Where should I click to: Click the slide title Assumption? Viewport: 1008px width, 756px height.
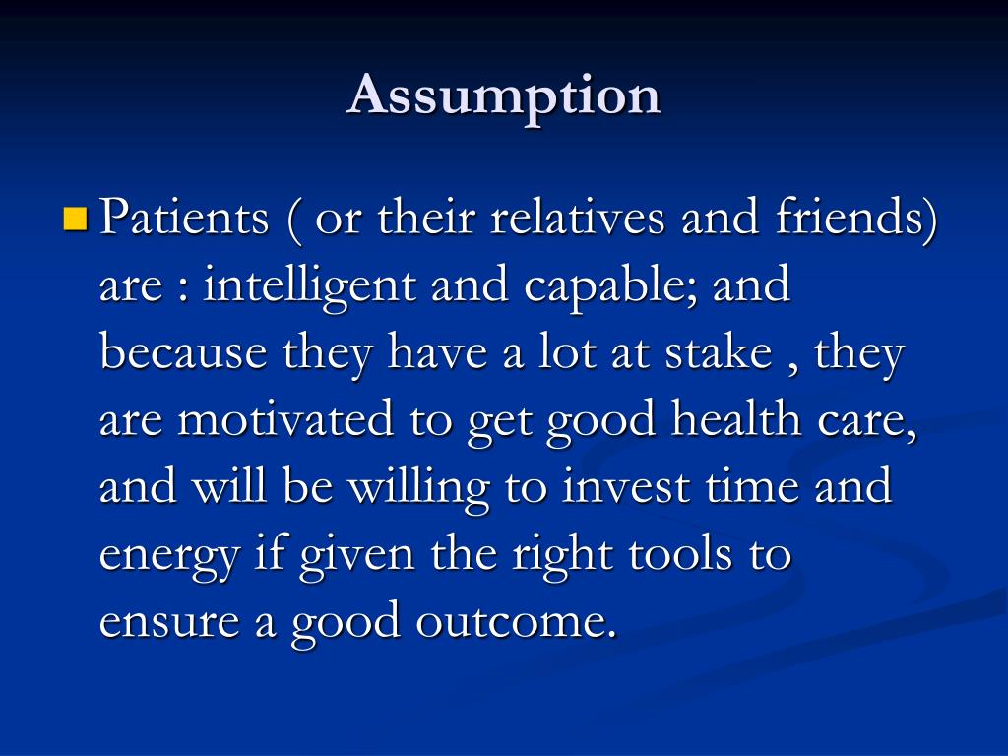[x=503, y=96]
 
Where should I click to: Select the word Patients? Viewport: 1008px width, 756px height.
[x=185, y=218]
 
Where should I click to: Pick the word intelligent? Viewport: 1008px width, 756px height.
[x=308, y=286]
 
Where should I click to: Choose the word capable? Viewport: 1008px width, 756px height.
[x=608, y=286]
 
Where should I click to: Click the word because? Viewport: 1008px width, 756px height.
[x=183, y=353]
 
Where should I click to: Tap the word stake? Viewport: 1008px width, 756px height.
[x=716, y=353]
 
